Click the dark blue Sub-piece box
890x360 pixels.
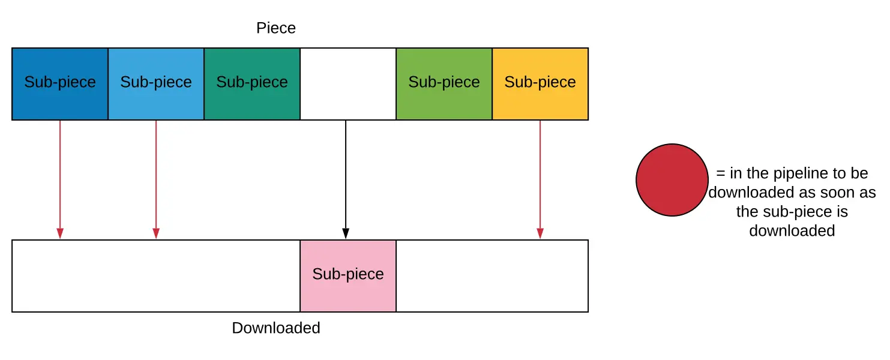60,84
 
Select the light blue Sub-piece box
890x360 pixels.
156,84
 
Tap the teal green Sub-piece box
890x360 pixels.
252,84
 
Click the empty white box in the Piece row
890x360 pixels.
348,84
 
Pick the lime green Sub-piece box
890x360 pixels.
444,84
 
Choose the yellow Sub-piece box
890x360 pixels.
540,84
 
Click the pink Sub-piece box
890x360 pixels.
348,276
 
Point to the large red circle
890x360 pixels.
672,180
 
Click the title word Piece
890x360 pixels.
276,28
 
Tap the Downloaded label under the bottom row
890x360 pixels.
276,328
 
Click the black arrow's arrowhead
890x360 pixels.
346,233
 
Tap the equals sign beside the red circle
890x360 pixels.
721,173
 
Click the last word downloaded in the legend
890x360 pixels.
792,230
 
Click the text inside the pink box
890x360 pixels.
348,274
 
